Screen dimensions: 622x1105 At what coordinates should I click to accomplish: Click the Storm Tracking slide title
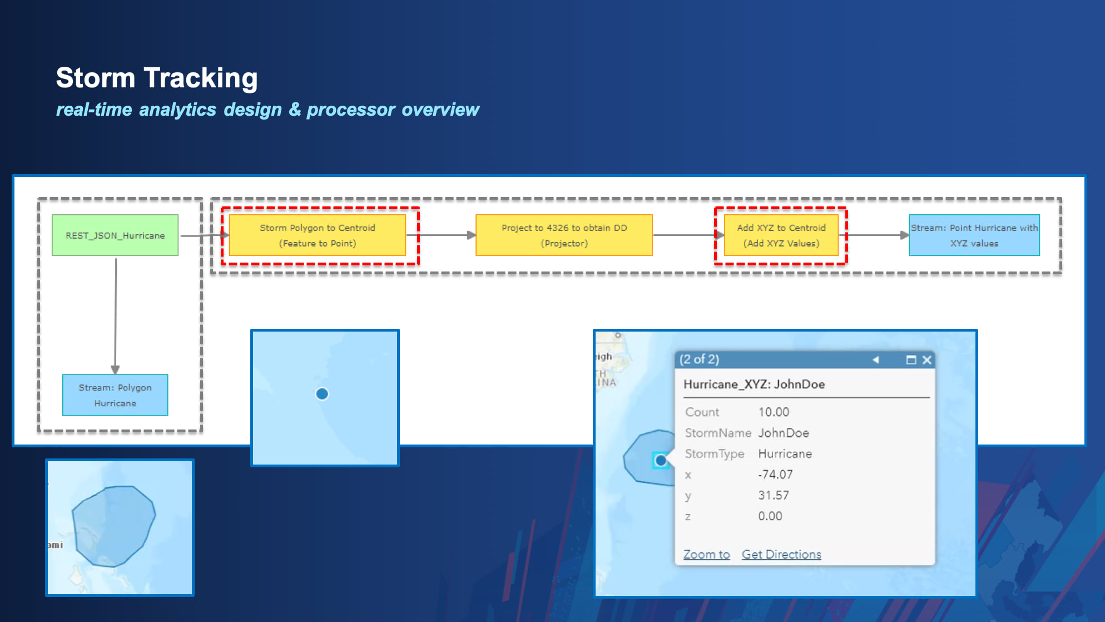click(x=157, y=78)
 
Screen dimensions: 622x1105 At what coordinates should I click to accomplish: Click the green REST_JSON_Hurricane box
click(x=115, y=235)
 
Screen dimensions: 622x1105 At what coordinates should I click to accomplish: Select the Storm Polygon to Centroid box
click(x=318, y=235)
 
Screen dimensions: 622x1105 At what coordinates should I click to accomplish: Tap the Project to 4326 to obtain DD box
click(x=564, y=235)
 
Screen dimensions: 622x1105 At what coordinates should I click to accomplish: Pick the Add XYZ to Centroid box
click(x=781, y=235)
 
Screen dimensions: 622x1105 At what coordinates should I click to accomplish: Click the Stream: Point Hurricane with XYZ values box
click(x=974, y=235)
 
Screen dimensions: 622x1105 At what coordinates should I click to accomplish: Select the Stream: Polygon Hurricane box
click(x=115, y=395)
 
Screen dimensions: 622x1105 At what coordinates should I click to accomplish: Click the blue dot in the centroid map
click(x=322, y=394)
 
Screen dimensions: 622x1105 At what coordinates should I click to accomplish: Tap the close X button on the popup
click(x=926, y=360)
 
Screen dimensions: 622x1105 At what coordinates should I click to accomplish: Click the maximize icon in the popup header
click(x=911, y=360)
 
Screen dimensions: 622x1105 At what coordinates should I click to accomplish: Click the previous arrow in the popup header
click(x=876, y=360)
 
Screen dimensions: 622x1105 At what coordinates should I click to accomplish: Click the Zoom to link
click(x=706, y=554)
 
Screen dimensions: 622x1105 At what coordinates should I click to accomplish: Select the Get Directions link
click(x=781, y=554)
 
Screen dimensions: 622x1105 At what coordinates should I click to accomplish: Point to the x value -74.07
click(x=775, y=475)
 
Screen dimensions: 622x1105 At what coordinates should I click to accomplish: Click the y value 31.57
click(x=773, y=495)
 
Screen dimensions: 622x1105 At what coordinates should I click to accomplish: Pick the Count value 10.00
click(x=774, y=412)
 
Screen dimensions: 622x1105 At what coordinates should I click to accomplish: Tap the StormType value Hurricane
click(x=785, y=453)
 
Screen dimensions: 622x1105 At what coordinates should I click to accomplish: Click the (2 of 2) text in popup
click(x=699, y=359)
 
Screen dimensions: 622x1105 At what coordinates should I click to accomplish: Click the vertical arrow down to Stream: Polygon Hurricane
click(x=116, y=317)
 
